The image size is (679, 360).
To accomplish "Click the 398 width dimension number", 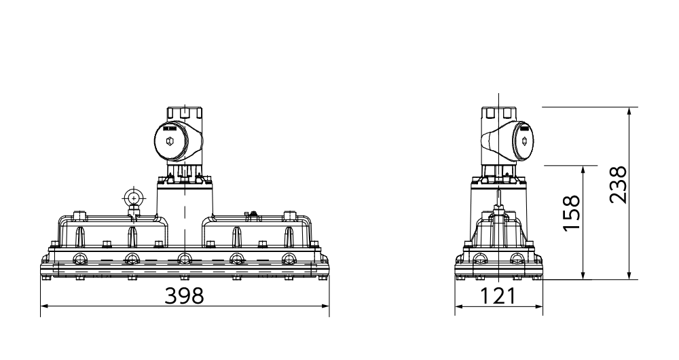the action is (184, 296).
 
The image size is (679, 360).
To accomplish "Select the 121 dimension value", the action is (498, 296).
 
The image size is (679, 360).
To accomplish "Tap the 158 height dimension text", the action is (572, 213).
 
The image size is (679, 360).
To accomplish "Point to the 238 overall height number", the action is (618, 185).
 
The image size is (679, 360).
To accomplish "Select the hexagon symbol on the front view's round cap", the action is (170, 141).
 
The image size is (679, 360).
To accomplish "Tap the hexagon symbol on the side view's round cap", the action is (525, 141).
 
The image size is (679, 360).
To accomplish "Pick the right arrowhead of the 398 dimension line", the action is (325, 306).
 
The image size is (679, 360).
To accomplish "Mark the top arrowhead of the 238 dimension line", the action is (629, 111).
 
